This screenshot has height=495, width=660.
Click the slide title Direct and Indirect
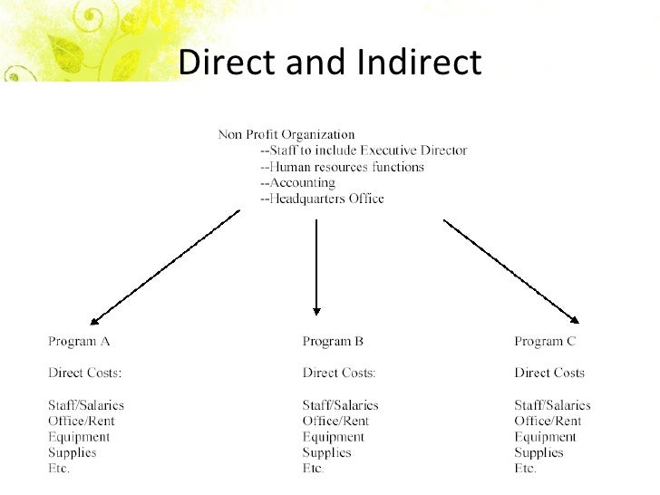(329, 62)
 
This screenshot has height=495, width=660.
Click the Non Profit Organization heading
(286, 135)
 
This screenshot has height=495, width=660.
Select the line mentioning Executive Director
(363, 150)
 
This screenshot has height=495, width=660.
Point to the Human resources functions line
(342, 167)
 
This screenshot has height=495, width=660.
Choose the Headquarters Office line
(322, 199)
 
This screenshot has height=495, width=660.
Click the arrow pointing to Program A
(165, 267)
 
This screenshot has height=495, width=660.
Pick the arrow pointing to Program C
(510, 267)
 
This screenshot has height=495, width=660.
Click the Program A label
(78, 342)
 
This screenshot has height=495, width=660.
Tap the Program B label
(333, 342)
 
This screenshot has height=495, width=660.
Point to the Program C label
(545, 342)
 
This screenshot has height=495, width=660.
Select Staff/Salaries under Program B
(340, 405)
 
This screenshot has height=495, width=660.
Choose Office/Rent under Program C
(548, 421)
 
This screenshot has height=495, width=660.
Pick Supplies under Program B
(326, 452)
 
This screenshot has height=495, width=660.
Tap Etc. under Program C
(526, 469)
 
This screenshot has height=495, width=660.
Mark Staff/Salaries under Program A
(85, 405)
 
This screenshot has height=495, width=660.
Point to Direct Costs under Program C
(549, 373)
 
